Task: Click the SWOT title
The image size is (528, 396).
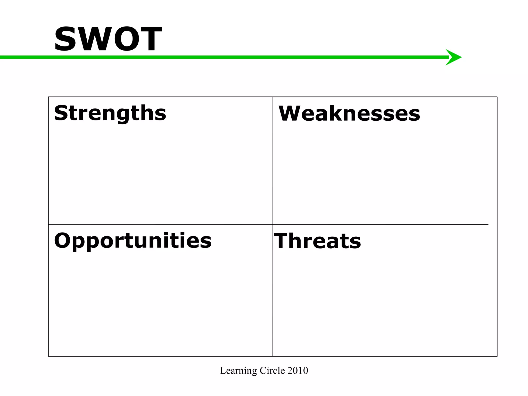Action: click(108, 39)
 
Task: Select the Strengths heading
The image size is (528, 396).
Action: click(110, 113)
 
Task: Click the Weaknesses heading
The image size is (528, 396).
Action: click(349, 113)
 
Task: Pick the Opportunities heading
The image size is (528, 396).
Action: click(133, 241)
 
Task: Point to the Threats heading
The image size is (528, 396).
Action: click(317, 241)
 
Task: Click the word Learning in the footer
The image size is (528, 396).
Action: click(238, 371)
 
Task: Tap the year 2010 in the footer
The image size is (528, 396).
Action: click(298, 370)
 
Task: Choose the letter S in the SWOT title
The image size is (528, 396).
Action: click(65, 39)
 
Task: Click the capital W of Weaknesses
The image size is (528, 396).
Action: click(292, 113)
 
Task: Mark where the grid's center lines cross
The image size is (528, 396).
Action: click(273, 224)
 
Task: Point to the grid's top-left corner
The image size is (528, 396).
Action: click(48, 97)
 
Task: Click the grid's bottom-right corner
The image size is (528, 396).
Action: click(497, 356)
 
